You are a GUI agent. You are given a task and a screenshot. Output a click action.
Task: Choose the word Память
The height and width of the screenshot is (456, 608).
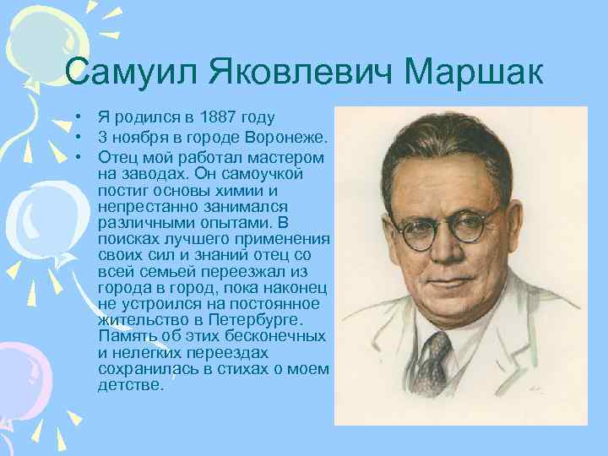[x=127, y=336]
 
